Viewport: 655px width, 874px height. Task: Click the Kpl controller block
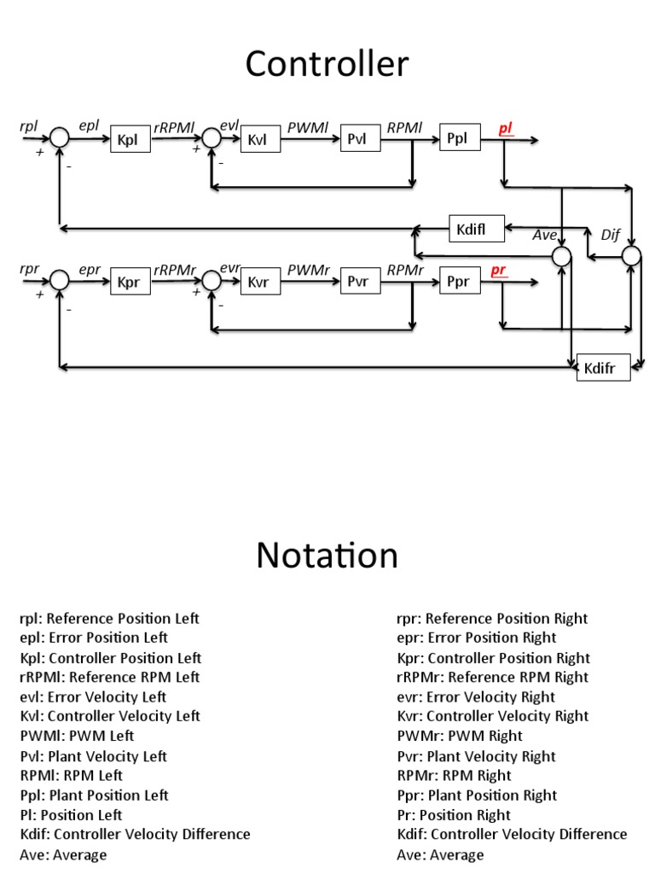[130, 139]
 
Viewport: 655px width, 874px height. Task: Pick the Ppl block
[459, 138]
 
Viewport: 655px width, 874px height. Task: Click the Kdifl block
[477, 228]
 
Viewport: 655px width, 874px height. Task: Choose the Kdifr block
[603, 368]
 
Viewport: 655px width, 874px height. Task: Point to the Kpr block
[130, 281]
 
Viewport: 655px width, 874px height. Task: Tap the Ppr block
[459, 281]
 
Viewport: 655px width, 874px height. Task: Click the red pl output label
[505, 128]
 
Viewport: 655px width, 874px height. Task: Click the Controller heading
[327, 64]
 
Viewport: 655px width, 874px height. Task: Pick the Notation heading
[327, 556]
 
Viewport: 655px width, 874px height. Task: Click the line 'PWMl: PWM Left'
[77, 736]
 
